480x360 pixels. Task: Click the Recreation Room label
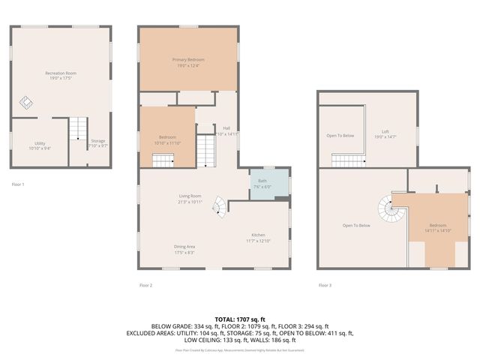[61, 73]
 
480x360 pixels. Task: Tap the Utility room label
[39, 143]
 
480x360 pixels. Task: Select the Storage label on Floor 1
[98, 140]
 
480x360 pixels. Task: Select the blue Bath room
[268, 184]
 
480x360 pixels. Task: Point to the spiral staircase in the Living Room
[217, 205]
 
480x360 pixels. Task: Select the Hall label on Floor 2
[226, 127]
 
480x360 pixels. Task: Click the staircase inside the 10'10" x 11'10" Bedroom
[163, 160]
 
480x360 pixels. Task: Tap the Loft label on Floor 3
[385, 131]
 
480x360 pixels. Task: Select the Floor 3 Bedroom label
[437, 225]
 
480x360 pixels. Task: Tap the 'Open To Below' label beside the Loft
[340, 136]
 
